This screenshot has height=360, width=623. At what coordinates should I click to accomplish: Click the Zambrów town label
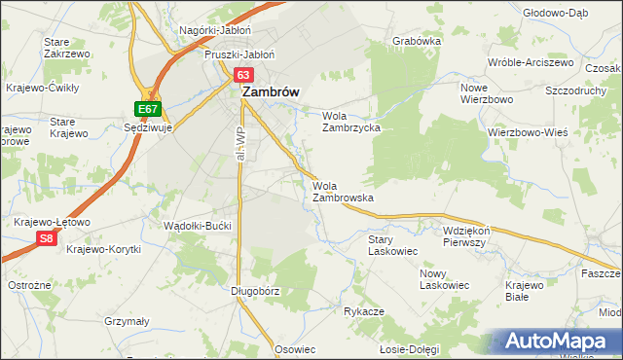click(270, 91)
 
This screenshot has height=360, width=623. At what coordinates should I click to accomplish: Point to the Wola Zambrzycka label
click(350, 121)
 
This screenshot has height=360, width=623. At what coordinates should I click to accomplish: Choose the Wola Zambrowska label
click(344, 191)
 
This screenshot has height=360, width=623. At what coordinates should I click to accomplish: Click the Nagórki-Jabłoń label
click(215, 30)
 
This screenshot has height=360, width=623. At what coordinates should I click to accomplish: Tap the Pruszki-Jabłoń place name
click(239, 54)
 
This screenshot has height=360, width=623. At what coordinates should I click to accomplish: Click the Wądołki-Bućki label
click(199, 226)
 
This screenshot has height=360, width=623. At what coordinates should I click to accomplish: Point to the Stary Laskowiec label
click(392, 244)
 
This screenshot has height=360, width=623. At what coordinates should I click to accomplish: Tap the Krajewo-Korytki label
click(104, 249)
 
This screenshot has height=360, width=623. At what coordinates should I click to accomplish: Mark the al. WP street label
click(238, 144)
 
